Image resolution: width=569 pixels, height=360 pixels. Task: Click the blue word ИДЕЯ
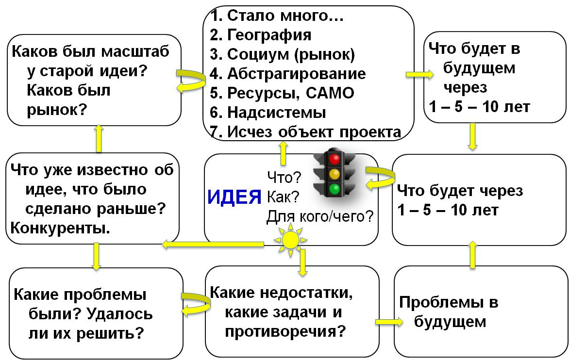[x=234, y=197]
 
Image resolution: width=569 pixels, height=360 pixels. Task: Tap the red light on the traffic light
[x=334, y=159]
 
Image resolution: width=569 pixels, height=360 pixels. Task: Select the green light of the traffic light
[x=334, y=189]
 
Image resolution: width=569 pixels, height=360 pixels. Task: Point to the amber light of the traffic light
[x=334, y=174]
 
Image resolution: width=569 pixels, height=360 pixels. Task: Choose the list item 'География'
[x=260, y=35]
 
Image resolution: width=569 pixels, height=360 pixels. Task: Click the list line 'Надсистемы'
[x=268, y=113]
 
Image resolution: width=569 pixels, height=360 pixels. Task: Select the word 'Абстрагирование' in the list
[x=296, y=74]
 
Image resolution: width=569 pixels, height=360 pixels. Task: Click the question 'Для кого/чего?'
[x=320, y=216]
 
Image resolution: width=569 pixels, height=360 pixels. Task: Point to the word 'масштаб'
[x=135, y=51]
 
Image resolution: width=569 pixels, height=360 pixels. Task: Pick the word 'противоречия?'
[x=285, y=332]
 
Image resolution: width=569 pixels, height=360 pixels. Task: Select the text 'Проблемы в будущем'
[x=449, y=312]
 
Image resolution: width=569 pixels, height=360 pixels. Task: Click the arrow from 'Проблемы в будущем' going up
[x=472, y=255]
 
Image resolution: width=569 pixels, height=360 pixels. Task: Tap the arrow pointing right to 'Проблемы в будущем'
[x=389, y=322]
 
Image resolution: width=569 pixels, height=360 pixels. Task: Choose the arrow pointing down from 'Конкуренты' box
[x=96, y=256]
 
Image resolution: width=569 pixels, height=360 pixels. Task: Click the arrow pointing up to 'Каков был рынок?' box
[x=99, y=138]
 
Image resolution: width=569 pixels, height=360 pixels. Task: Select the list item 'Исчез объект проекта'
[x=305, y=132]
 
